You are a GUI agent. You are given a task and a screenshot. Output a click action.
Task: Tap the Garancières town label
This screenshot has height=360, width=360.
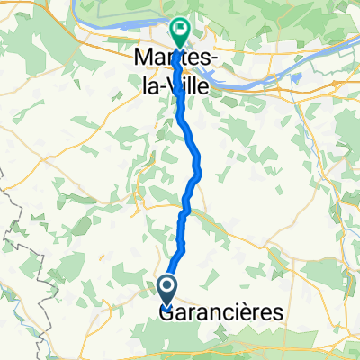(220, 312)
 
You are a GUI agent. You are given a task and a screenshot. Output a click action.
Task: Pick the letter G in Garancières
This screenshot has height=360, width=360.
(167, 312)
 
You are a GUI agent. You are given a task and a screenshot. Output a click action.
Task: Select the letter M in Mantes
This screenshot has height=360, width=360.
(143, 56)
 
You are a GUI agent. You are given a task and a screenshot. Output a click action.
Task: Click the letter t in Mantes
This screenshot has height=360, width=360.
(184, 56)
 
